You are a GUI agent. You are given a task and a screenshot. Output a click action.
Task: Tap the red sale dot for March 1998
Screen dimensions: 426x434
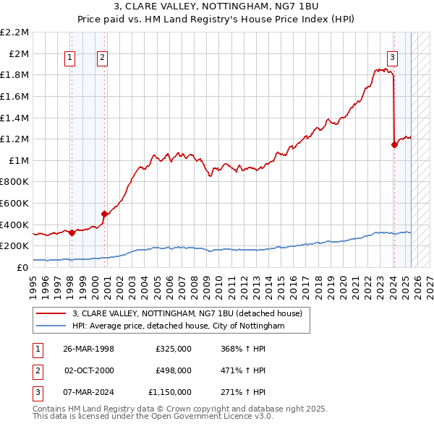pyautogui.click(x=72, y=232)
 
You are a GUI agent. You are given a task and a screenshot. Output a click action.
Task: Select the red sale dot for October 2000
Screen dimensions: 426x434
pyautogui.click(x=104, y=214)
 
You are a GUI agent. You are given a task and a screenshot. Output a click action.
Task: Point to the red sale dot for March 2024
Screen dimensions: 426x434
pyautogui.click(x=394, y=144)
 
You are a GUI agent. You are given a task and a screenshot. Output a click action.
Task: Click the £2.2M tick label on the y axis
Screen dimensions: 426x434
pyautogui.click(x=14, y=32)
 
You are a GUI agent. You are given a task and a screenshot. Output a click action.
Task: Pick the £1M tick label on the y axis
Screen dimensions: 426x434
pyautogui.click(x=19, y=160)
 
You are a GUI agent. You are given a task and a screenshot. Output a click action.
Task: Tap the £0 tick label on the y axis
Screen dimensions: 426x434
pyautogui.click(x=23, y=267)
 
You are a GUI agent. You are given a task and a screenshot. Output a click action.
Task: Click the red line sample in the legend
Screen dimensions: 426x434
pyautogui.click(x=51, y=313)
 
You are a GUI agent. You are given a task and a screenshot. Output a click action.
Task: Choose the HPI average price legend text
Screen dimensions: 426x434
pyautogui.click(x=179, y=326)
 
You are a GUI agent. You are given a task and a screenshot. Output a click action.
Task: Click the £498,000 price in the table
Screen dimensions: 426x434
pyautogui.click(x=173, y=370)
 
